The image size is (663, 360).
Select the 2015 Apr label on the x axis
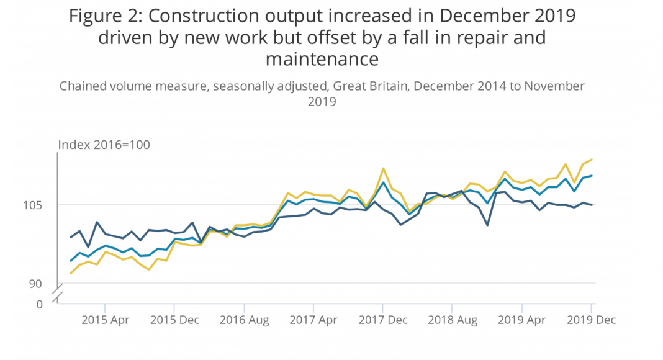[105, 320]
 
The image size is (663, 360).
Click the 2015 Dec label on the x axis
[174, 320]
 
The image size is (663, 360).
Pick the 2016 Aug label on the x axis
[244, 320]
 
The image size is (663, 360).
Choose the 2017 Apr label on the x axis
[313, 320]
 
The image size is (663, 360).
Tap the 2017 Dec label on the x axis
[383, 320]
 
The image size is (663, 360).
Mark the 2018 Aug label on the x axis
[453, 320]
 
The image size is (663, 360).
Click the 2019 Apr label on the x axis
[522, 320]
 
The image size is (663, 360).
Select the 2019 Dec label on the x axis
[591, 320]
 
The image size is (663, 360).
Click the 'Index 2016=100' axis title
[104, 145]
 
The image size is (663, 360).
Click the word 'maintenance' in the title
[322, 59]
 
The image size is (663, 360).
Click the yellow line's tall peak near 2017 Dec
[384, 168]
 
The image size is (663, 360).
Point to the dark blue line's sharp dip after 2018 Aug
[487, 225]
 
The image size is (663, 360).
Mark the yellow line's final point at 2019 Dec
[592, 160]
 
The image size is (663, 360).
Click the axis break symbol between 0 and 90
[58, 295]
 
